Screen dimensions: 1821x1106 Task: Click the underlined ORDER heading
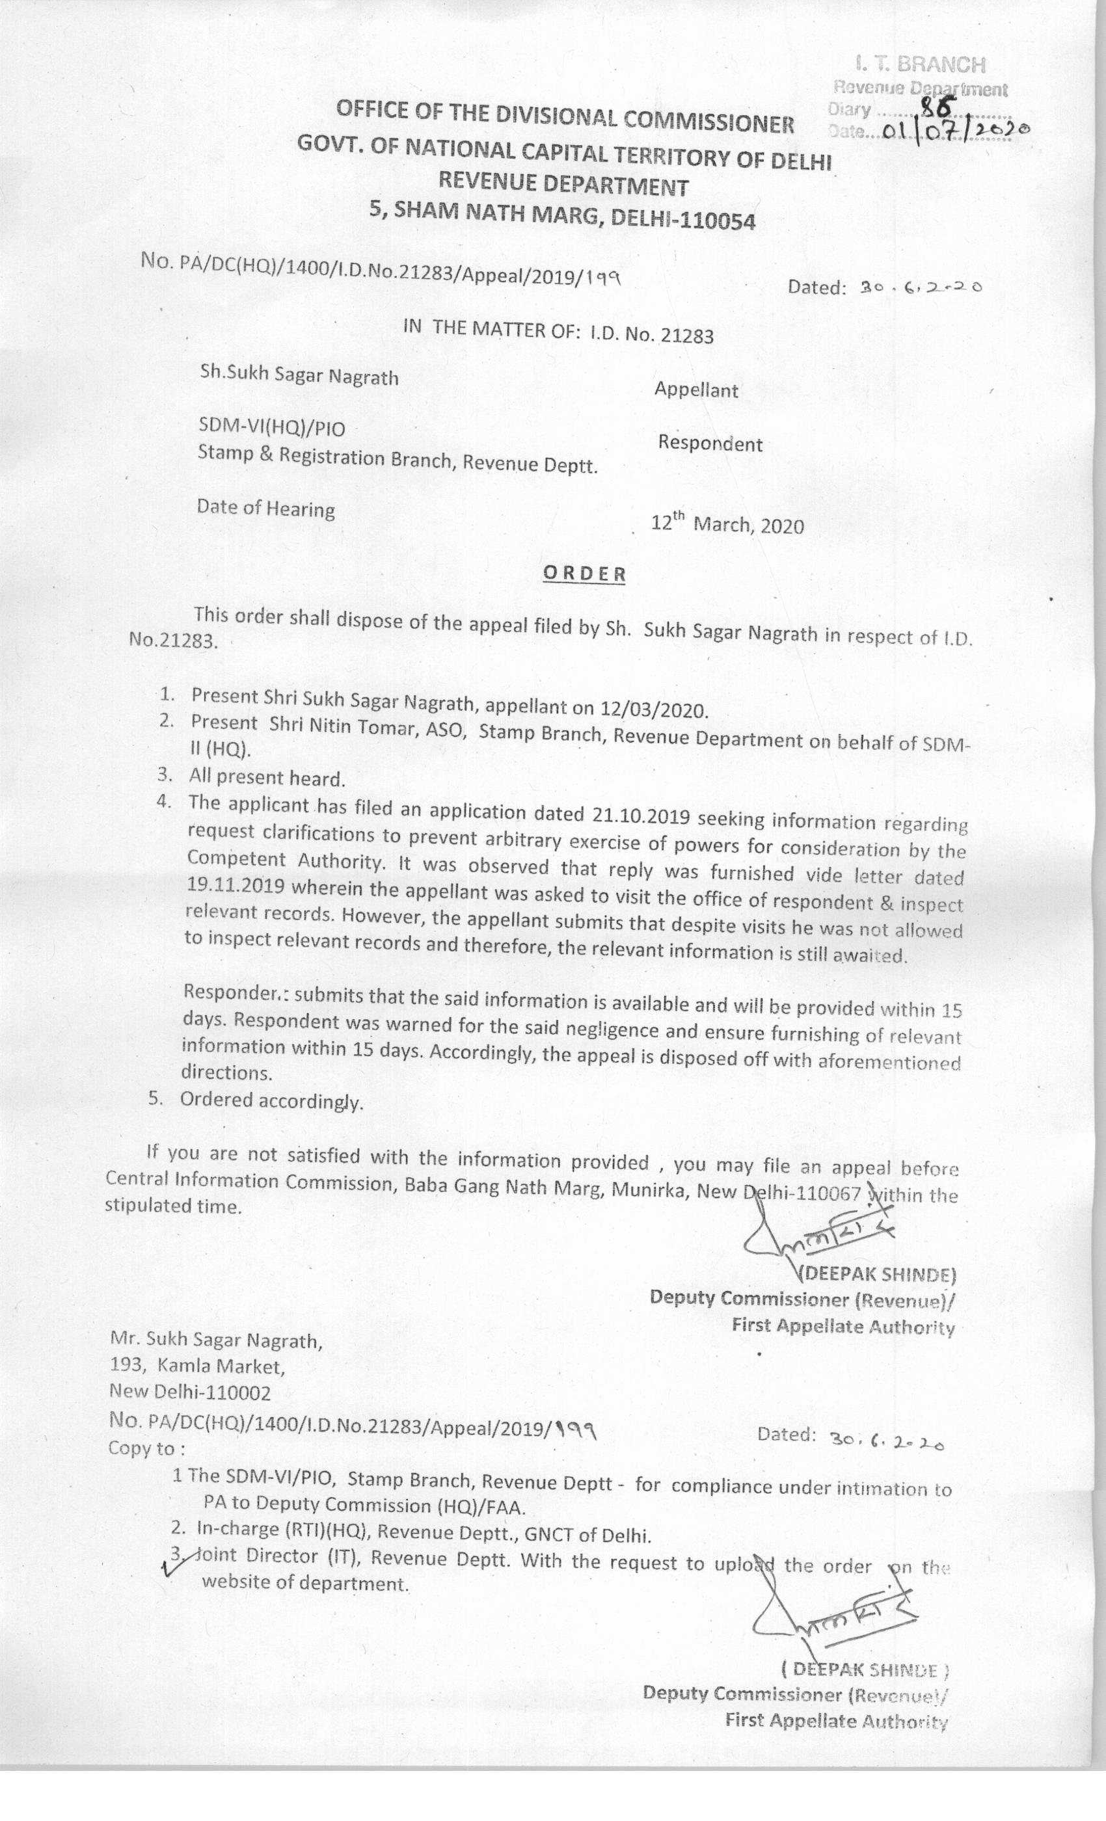click(584, 574)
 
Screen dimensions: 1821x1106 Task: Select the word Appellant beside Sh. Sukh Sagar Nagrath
click(695, 390)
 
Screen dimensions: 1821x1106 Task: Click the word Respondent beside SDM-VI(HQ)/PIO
click(710, 444)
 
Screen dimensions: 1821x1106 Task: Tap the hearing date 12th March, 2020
click(727, 525)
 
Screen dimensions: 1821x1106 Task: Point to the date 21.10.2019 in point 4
click(641, 815)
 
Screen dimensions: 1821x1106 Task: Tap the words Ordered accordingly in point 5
click(271, 1100)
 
